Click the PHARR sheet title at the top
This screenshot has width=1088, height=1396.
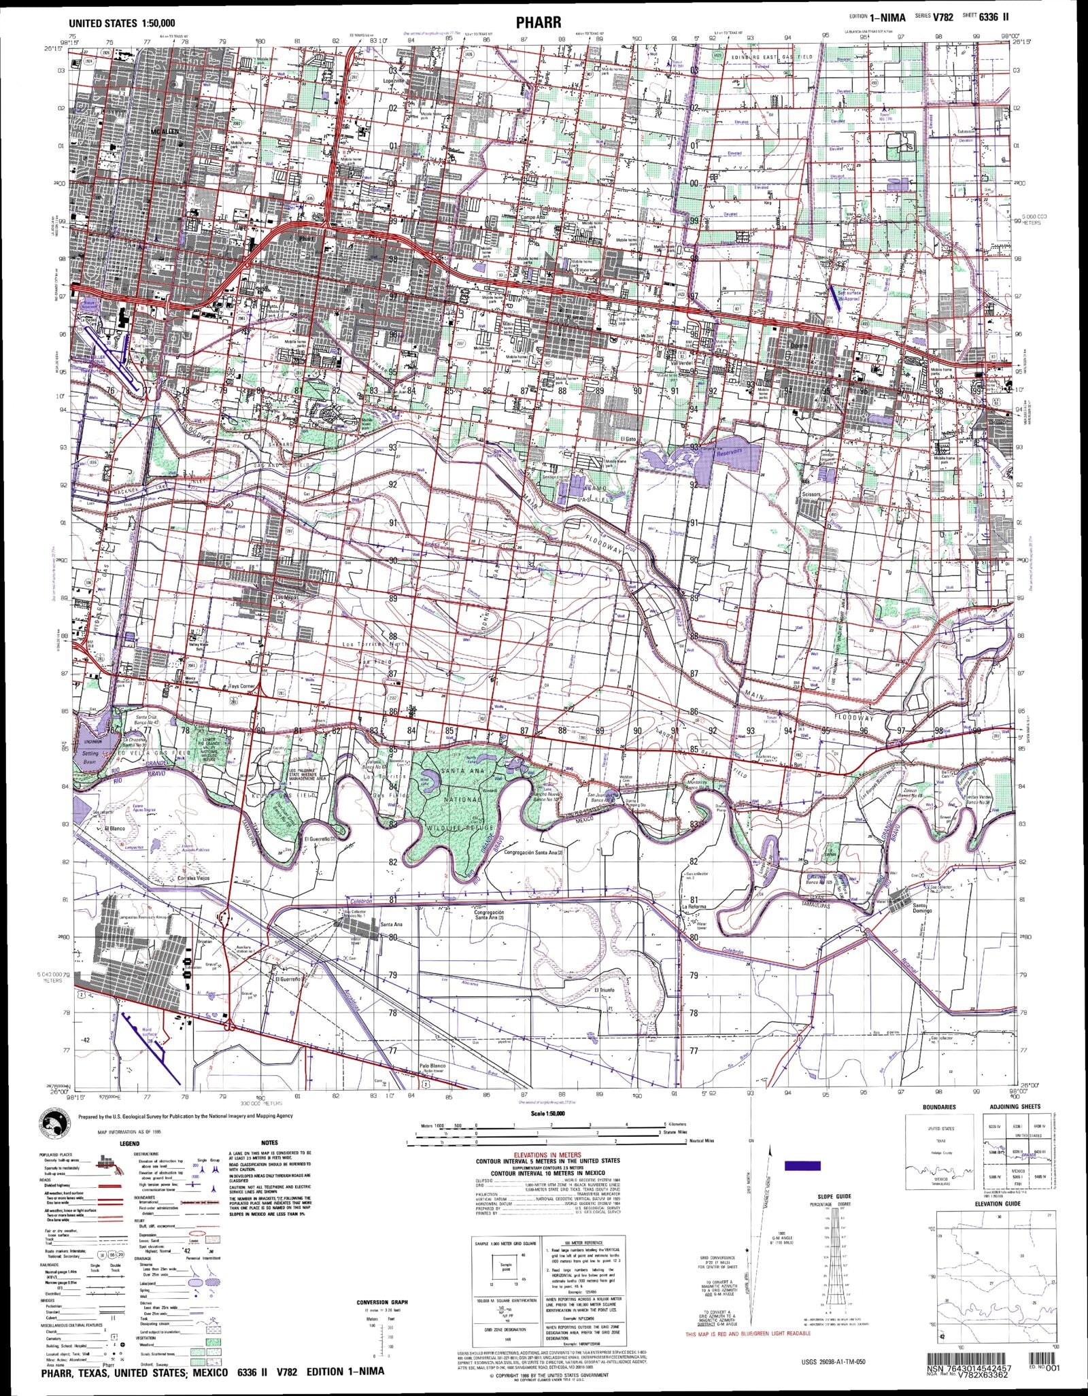(x=539, y=23)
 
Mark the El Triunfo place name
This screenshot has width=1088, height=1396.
(x=604, y=991)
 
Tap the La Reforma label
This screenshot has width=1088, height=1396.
(x=695, y=907)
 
